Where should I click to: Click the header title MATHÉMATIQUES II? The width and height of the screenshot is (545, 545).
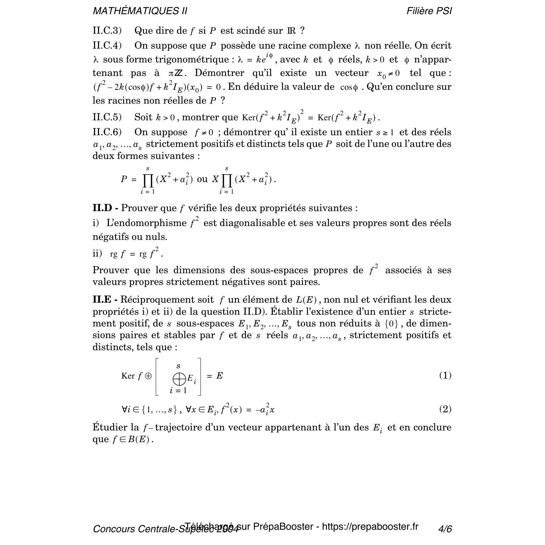click(x=140, y=11)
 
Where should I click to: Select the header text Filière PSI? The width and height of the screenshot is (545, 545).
click(x=429, y=11)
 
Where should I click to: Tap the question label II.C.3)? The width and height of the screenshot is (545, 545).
click(x=107, y=31)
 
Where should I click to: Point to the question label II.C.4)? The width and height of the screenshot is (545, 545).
click(x=107, y=45)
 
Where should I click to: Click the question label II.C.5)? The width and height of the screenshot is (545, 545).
click(x=107, y=117)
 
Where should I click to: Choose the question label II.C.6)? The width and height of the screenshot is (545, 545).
click(x=107, y=132)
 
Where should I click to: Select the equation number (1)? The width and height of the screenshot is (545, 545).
click(x=445, y=375)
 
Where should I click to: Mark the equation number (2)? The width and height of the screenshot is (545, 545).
click(x=445, y=409)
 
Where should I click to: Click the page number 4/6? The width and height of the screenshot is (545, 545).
click(x=445, y=529)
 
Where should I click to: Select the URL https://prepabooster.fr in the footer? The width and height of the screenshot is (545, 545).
click(x=370, y=527)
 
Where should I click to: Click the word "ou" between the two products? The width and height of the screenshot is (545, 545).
click(x=202, y=179)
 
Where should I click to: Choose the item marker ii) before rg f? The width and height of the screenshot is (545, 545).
click(x=97, y=254)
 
